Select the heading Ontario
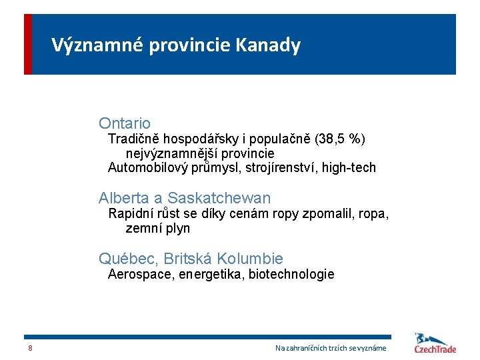[x=125, y=123]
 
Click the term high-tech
[x=349, y=167]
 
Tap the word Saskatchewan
[x=219, y=198]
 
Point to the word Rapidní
[x=131, y=214]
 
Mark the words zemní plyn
[x=158, y=229]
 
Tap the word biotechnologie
[x=291, y=275]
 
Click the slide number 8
[x=30, y=349]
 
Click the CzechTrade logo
[x=435, y=343]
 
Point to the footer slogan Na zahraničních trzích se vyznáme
[x=331, y=349]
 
